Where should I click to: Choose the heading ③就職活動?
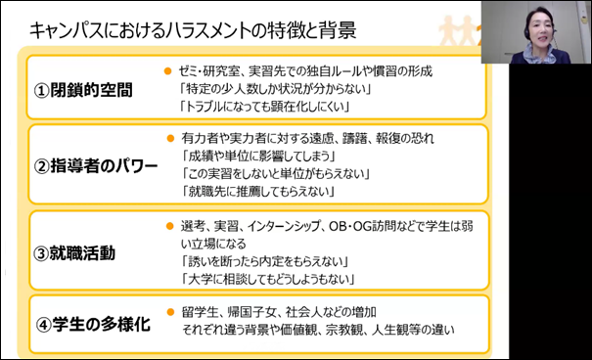74,253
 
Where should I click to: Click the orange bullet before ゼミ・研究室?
169,71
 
